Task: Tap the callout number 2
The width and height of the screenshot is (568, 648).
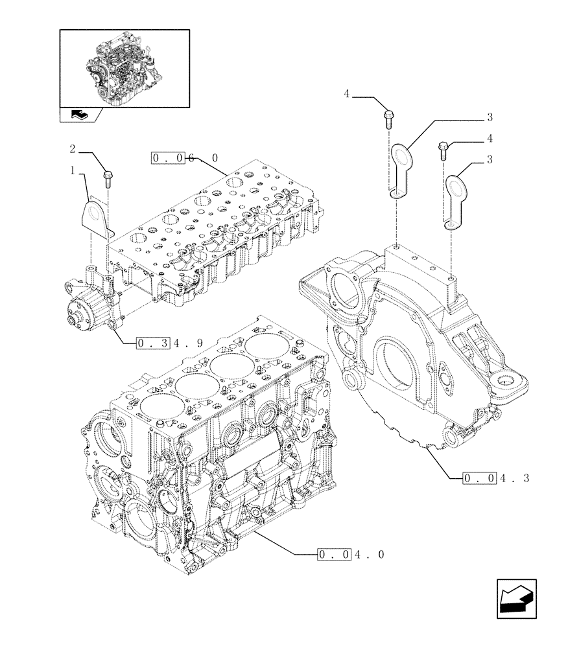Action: tap(73, 149)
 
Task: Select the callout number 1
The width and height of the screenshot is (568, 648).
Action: tap(73, 171)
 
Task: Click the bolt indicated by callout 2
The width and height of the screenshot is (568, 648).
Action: tap(107, 175)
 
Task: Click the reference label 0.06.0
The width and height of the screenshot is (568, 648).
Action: tap(185, 158)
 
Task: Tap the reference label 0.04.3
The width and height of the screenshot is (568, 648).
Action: tap(496, 479)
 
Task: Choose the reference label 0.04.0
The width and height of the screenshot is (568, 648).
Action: tap(351, 555)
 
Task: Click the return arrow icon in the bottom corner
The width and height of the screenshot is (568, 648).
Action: tap(516, 597)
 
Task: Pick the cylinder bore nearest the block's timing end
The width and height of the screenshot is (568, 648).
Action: tap(156, 407)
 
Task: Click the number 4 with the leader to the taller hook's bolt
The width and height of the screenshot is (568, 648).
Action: tap(347, 95)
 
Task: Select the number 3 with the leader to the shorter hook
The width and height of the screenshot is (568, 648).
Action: tap(490, 159)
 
